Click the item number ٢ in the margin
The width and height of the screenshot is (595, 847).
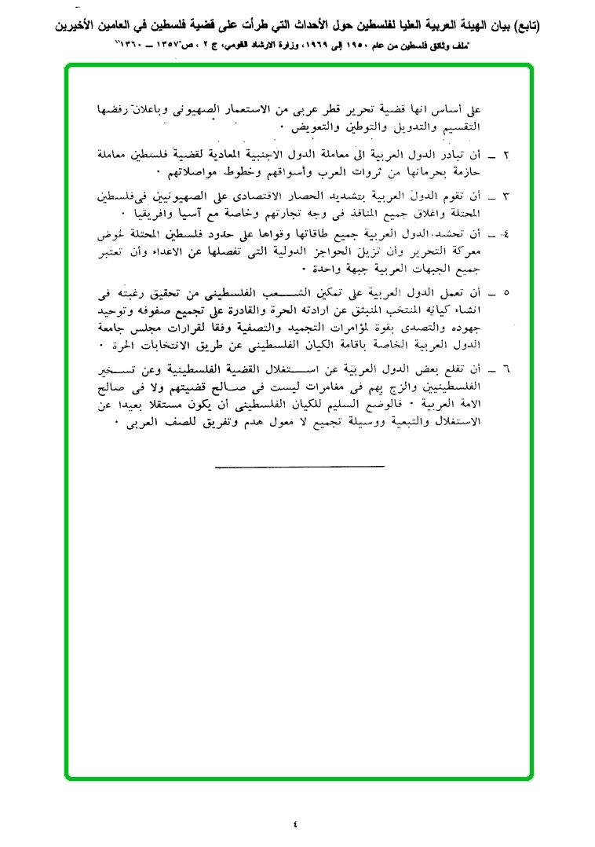click(x=506, y=154)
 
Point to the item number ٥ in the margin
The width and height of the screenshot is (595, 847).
click(x=506, y=293)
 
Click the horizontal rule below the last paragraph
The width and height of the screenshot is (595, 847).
click(x=299, y=467)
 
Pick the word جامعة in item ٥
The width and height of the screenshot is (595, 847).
click(x=122, y=329)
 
